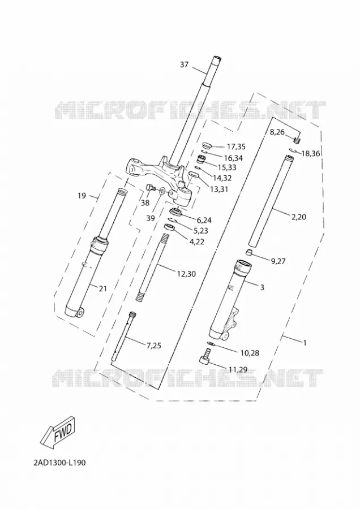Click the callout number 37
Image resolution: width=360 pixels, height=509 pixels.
click(184, 64)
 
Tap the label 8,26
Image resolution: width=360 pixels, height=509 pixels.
click(277, 132)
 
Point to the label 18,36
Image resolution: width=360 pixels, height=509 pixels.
click(311, 153)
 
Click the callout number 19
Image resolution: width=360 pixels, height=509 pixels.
click(82, 196)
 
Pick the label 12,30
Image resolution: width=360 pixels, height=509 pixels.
click(186, 274)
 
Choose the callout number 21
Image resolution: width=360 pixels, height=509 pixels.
click(102, 288)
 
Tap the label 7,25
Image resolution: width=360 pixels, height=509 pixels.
click(154, 346)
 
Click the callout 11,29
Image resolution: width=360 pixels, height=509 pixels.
click(238, 369)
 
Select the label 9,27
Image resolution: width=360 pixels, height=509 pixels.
click(277, 261)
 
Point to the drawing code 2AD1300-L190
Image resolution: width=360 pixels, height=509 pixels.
click(59, 463)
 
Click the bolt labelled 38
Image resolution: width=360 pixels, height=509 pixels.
click(151, 188)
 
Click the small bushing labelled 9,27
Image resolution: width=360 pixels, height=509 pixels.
click(248, 252)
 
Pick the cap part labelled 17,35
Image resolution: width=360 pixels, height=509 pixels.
click(207, 145)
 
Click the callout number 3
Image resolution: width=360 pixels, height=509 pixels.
click(262, 287)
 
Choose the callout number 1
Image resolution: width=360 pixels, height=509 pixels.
click(305, 343)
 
